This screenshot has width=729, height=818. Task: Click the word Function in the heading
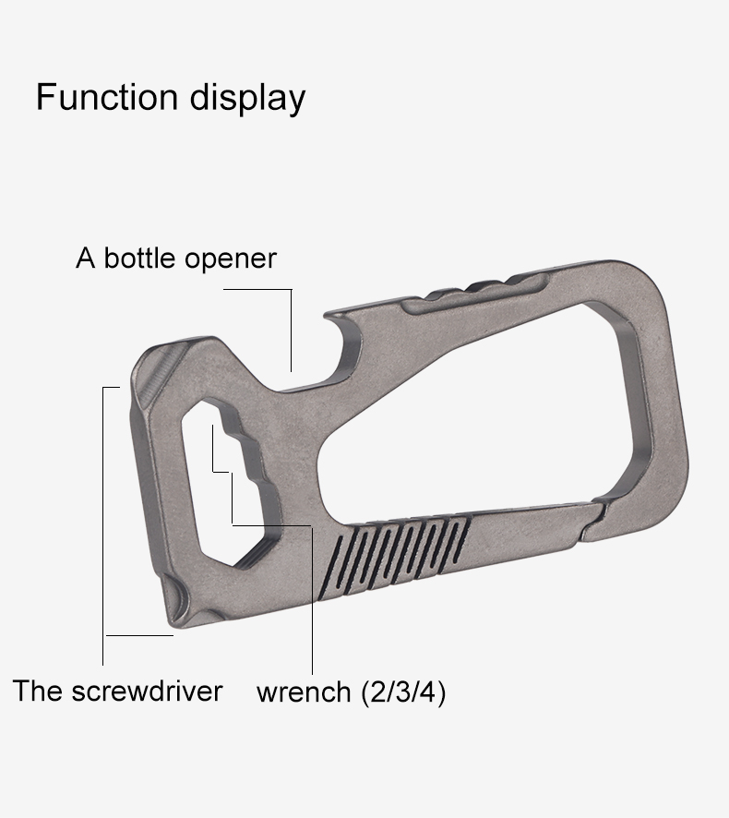(107, 96)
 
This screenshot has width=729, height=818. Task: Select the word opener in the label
(230, 259)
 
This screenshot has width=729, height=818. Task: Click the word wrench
(304, 692)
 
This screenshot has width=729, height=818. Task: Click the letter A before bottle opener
(86, 258)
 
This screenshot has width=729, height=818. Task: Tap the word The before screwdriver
(38, 691)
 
